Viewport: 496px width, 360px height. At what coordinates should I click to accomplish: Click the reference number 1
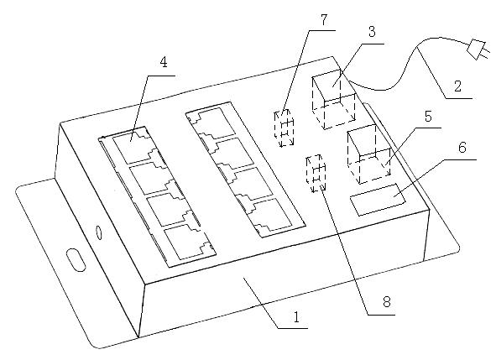[x=296, y=317]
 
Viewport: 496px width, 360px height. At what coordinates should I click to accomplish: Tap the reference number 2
[x=457, y=86]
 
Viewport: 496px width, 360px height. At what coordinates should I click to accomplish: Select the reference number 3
[x=372, y=32]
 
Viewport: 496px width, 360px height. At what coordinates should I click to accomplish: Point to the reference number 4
[x=163, y=62]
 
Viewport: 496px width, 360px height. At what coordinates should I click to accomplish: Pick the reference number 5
[x=428, y=117]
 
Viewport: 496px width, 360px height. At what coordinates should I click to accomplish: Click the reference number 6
[x=462, y=148]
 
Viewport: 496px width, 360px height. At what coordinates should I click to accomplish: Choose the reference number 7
[x=324, y=19]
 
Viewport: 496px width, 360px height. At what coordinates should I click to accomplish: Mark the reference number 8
[x=387, y=302]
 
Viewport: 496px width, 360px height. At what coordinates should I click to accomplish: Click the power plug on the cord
[x=478, y=50]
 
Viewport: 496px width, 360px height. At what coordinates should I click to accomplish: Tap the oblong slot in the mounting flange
[x=76, y=260]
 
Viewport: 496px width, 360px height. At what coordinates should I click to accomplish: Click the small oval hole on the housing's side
[x=99, y=232]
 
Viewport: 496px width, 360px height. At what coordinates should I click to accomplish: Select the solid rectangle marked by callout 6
[x=378, y=200]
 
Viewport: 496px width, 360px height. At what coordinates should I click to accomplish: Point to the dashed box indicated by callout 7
[x=284, y=128]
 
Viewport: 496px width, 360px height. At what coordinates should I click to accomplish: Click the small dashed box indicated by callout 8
[x=316, y=174]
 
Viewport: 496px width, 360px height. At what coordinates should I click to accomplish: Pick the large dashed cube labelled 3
[x=334, y=99]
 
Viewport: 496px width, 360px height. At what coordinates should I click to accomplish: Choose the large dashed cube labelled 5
[x=368, y=154]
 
